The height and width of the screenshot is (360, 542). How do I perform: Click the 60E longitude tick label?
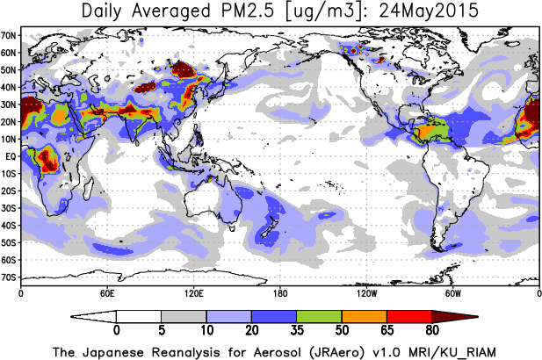tap(106, 292)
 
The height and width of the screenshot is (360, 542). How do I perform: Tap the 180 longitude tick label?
tap(279, 292)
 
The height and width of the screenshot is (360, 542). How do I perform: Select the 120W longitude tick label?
tap(366, 292)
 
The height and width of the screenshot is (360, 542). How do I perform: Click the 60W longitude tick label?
tap(452, 292)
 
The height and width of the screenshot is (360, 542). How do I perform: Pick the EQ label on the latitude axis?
tap(11, 156)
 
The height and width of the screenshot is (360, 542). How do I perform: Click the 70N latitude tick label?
tap(10, 36)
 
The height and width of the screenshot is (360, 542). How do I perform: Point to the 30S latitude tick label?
tap(10, 208)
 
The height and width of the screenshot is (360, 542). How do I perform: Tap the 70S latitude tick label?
tap(10, 277)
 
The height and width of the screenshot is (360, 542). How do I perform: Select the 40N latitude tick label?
tap(10, 88)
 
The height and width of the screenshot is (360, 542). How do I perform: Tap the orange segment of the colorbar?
tap(365, 316)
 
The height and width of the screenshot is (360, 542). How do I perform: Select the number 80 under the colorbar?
tap(432, 332)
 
